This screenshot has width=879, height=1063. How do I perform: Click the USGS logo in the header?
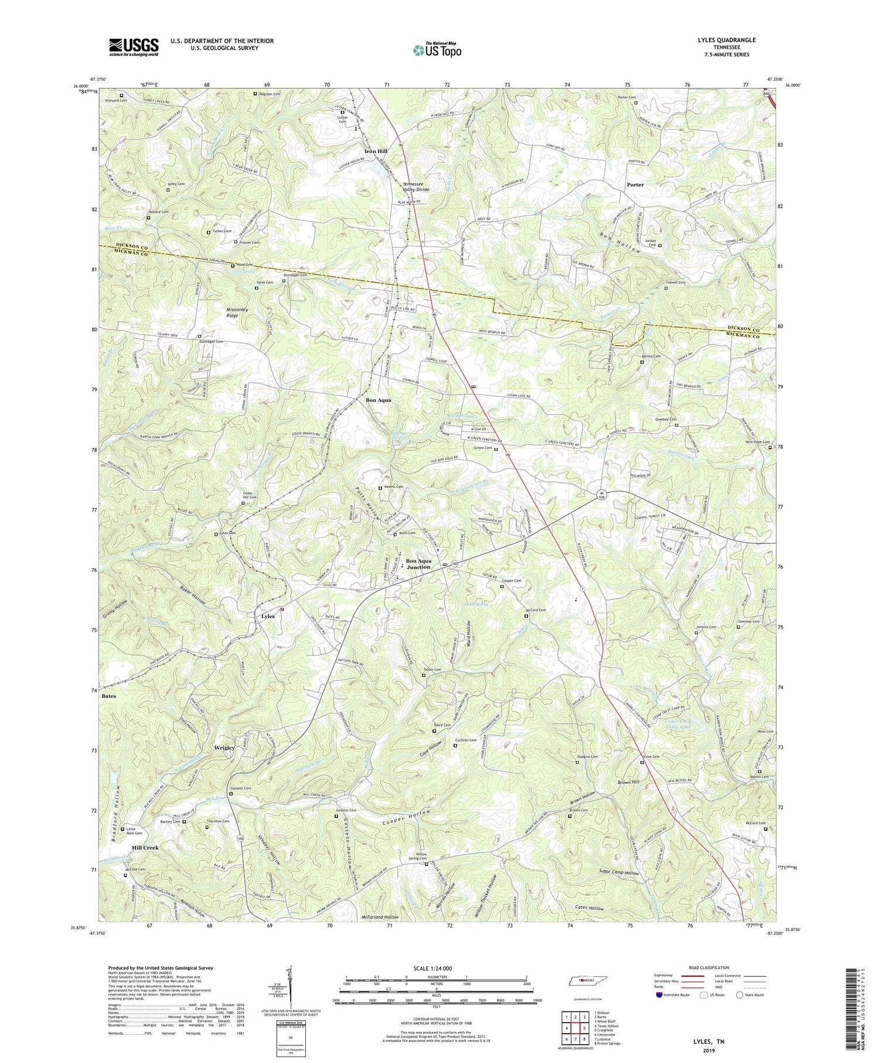coord(133,47)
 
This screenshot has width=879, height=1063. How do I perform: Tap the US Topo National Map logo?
coord(437,50)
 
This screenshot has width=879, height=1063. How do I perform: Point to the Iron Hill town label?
coord(376,151)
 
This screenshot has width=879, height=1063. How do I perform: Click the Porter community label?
coord(635,185)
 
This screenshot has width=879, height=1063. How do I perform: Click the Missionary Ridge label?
coord(237,313)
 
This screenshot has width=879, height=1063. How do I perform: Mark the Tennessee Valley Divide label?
coord(415,186)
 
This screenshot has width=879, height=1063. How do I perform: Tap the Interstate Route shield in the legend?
coord(659,994)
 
